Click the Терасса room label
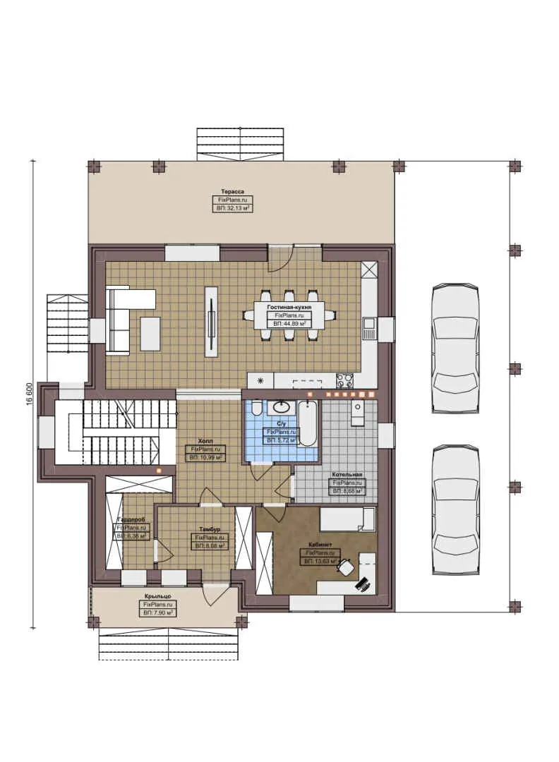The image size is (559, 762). click(x=232, y=192)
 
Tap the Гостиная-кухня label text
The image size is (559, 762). click(x=289, y=308)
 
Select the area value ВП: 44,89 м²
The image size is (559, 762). click(x=289, y=323)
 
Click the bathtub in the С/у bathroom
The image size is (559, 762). click(x=308, y=423)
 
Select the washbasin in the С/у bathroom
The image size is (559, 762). click(x=282, y=407)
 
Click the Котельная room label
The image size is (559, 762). click(x=348, y=475)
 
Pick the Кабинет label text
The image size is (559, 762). click(x=321, y=545)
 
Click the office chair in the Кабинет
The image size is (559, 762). click(x=346, y=566)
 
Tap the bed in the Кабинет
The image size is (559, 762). click(x=347, y=521)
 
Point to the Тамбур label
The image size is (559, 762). click(x=210, y=529)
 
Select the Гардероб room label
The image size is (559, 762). click(x=131, y=520)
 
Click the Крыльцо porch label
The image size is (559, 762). click(x=158, y=597)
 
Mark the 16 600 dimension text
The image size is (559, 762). click(x=30, y=394)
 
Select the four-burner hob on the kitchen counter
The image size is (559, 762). click(x=344, y=381)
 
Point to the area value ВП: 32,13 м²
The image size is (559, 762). click(x=232, y=209)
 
